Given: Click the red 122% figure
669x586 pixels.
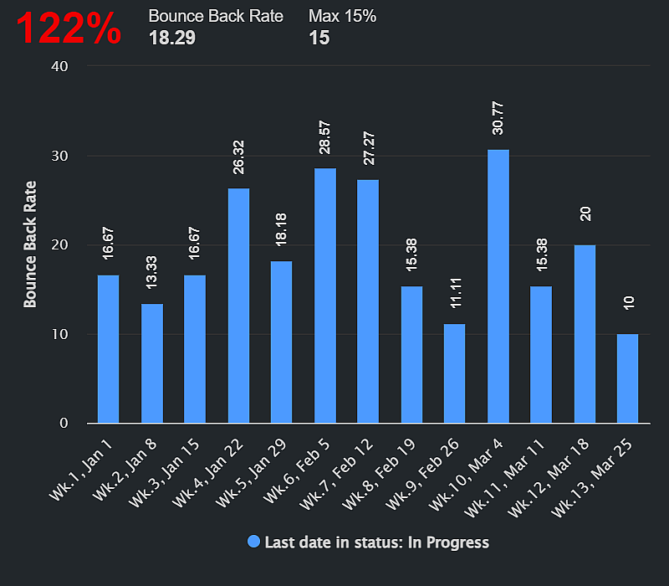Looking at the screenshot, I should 69,28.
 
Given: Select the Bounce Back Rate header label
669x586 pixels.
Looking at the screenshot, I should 216,16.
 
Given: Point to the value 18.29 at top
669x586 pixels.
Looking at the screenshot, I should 171,37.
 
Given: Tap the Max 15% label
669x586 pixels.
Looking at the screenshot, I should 342,16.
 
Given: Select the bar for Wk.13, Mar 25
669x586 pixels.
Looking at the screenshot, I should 628,378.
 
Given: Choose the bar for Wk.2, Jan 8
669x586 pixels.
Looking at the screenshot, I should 152,363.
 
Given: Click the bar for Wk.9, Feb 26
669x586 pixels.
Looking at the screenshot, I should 455,373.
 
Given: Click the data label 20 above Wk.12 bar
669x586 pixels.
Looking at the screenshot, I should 585,213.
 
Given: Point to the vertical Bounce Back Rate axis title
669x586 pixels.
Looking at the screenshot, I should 30,244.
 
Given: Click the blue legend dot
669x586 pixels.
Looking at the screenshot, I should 254,542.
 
